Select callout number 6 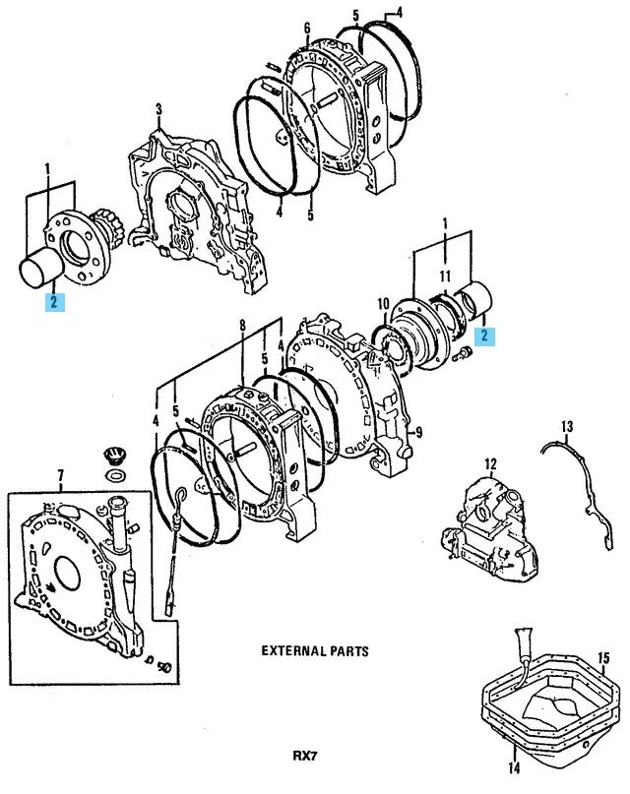[x=307, y=27]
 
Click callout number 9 [x=418, y=430]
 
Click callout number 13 [x=567, y=426]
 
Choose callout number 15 [x=603, y=657]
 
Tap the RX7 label [x=306, y=756]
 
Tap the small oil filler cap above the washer [x=114, y=458]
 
